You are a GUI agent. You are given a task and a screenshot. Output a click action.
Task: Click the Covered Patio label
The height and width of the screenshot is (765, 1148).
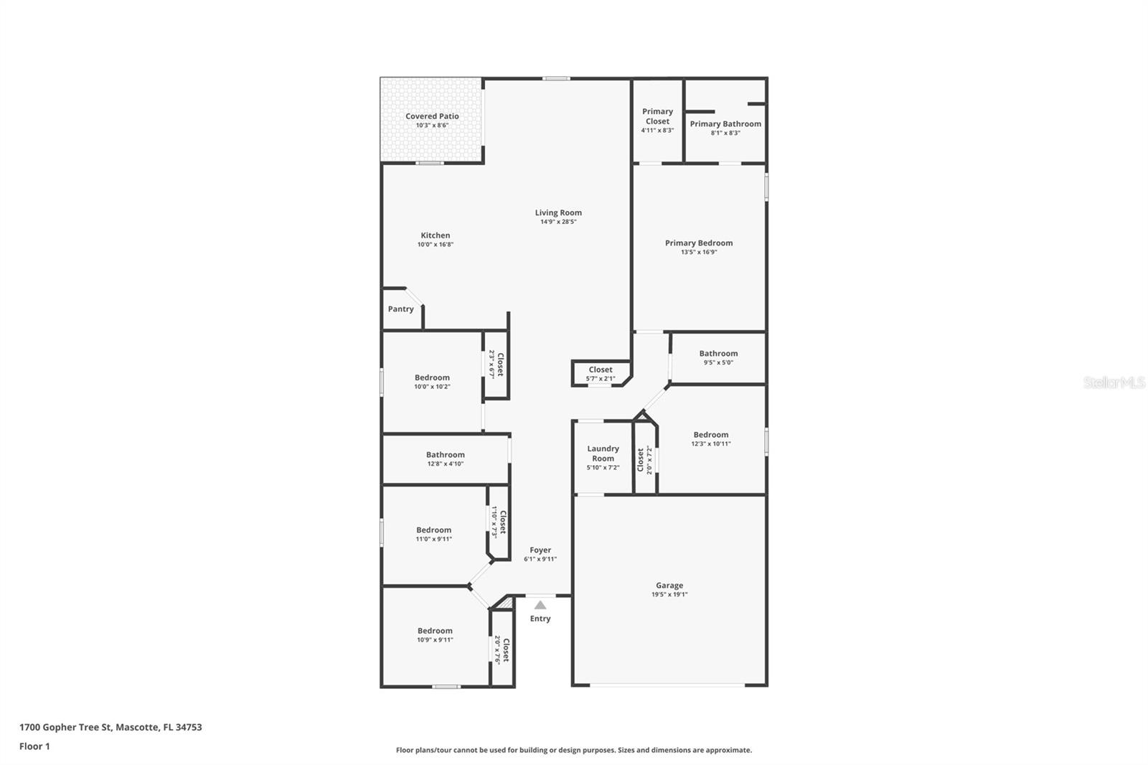coord(432,116)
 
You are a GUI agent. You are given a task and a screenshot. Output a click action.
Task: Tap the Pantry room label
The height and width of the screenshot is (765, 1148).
coord(400,309)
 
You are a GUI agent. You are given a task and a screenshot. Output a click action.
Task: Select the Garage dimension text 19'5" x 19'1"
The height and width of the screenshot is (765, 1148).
coord(669,595)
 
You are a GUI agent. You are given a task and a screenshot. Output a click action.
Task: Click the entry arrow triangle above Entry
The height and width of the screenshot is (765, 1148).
coord(540,605)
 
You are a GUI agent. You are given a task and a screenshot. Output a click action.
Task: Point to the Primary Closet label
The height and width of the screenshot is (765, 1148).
coord(657,116)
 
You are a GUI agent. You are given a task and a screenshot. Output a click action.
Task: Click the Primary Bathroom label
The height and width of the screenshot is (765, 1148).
coord(725,123)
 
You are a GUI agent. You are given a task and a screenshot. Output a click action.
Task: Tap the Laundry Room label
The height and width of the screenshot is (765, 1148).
coord(603,454)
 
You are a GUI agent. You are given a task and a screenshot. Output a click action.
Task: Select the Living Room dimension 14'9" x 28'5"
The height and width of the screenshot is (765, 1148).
coord(558,222)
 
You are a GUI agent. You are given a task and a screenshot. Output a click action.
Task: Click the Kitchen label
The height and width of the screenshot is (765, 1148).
coord(435,235)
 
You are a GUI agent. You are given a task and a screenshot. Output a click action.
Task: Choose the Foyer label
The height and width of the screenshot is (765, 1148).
coord(540,550)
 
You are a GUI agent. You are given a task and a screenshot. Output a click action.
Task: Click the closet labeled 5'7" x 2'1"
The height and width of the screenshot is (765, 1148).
coord(601,370)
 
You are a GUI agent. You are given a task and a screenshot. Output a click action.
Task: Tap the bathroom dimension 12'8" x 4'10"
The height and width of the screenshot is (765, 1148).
coord(445,464)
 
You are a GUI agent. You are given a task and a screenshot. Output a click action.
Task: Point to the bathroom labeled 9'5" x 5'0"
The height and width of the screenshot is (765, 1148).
coord(718,354)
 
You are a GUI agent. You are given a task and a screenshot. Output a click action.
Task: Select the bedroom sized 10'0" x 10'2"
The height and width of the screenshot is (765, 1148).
coord(432,378)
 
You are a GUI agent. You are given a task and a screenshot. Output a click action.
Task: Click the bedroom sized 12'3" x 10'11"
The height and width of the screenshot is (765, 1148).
coord(710,435)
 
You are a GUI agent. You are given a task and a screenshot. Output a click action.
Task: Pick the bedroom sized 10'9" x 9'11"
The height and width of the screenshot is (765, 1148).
coord(435,631)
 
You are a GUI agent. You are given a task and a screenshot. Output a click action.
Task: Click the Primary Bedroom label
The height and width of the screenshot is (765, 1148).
coord(698,243)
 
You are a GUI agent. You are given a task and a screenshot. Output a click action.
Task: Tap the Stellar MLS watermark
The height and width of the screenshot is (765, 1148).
coord(1114,383)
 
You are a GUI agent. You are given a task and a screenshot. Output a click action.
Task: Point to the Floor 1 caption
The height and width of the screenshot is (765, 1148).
coord(34,746)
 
